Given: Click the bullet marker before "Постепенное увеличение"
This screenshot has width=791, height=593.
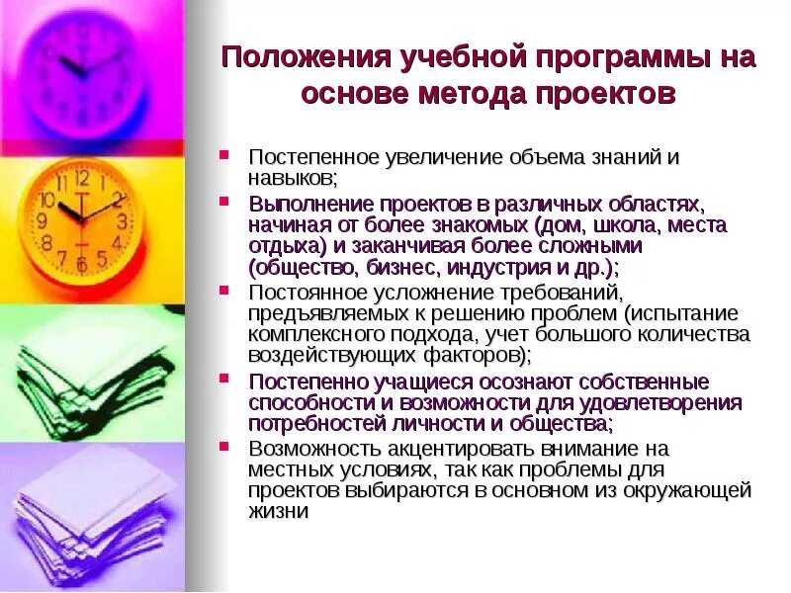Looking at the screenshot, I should [x=226, y=155].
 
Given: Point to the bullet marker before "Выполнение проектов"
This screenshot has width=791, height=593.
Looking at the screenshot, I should [x=226, y=202].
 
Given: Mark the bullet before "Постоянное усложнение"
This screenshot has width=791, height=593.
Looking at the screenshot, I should [x=226, y=291].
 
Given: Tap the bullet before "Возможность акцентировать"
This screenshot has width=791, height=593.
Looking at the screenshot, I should [x=226, y=445].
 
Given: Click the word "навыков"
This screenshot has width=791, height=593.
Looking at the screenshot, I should [x=292, y=178].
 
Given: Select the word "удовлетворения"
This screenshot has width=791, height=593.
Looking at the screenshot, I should [x=653, y=403].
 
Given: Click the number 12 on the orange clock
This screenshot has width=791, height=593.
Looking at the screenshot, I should [x=81, y=178].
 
